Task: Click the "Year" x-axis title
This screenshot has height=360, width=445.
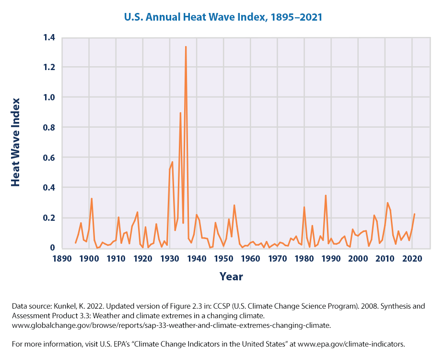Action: pyautogui.click(x=231, y=277)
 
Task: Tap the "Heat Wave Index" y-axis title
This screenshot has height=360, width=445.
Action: pyautogui.click(x=16, y=142)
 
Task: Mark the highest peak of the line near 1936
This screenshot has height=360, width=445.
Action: pyautogui.click(x=186, y=47)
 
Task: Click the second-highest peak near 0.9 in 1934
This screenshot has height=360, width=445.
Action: pyautogui.click(x=180, y=113)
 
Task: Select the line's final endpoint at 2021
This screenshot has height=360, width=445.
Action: pyautogui.click(x=415, y=214)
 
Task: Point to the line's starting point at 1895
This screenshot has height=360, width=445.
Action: pyautogui.click(x=75, y=243)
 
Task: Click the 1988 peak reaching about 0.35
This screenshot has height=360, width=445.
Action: pyautogui.click(x=326, y=195)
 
